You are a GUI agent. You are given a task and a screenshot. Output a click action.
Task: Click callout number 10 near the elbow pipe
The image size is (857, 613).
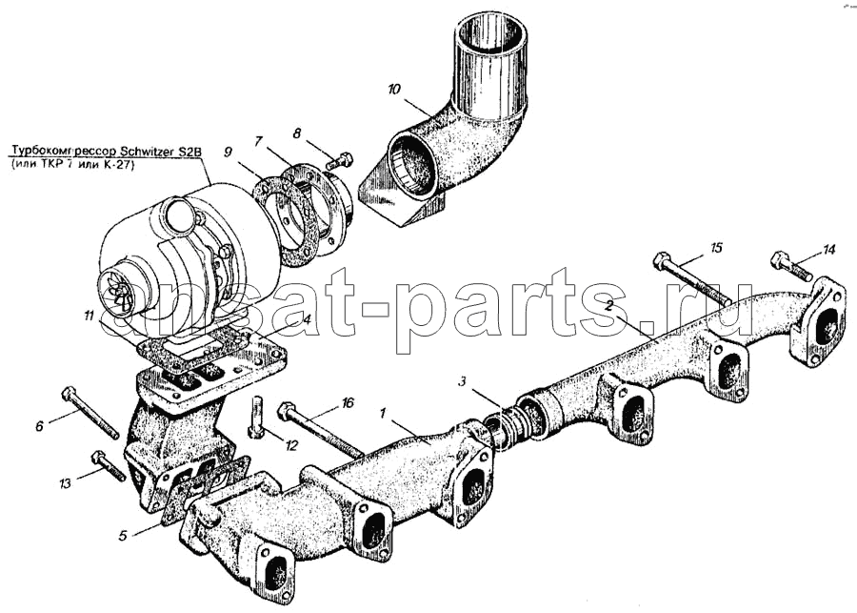[394, 90]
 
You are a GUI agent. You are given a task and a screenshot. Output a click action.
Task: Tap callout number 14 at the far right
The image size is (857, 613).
[828, 250]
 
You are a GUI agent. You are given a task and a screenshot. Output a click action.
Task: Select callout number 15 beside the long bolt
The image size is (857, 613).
[716, 249]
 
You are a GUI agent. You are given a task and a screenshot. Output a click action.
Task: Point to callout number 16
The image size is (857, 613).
[348, 403]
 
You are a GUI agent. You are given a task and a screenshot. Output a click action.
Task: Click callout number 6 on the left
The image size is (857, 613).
[40, 426]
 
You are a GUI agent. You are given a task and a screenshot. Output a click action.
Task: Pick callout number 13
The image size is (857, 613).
[64, 484]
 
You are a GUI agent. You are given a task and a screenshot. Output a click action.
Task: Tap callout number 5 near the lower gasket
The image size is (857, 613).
[123, 535]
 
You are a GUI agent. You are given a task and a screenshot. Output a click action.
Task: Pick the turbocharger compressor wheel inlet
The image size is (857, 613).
[118, 290]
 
